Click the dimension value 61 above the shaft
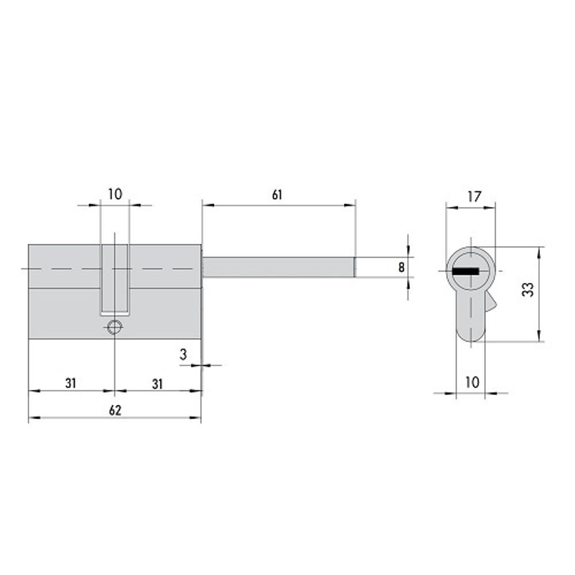pyautogui.click(x=277, y=195)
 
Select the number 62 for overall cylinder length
pyautogui.click(x=115, y=410)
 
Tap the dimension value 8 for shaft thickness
pyautogui.click(x=401, y=267)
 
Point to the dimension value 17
pyautogui.click(x=474, y=197)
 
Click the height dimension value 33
pyautogui.click(x=528, y=289)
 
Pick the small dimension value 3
pyautogui.click(x=183, y=354)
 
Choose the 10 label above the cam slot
pyautogui.click(x=115, y=194)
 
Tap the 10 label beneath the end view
pyautogui.click(x=471, y=382)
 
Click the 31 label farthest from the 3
pyautogui.click(x=71, y=383)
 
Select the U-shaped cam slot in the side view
pyautogui.click(x=115, y=282)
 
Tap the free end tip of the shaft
pyautogui.click(x=354, y=267)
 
